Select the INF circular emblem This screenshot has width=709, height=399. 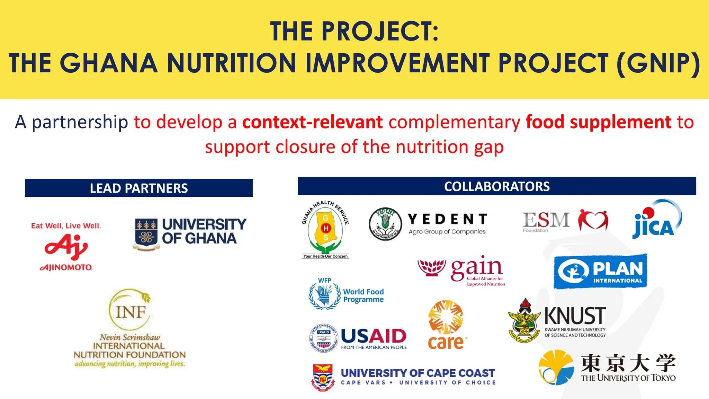pos(130,309)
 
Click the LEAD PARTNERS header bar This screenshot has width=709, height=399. pos(138,188)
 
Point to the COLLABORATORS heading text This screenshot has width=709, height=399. pos(496,186)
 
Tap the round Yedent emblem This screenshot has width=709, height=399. pos(385,224)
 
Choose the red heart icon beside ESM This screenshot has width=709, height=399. pos(593,220)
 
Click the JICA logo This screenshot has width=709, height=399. pos(655,220)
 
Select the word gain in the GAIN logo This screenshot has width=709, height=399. pos(476,267)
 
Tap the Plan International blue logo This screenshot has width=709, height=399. pos(600,271)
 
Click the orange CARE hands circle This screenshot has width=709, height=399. pos(446,317)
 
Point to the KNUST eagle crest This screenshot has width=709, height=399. pos(524,321)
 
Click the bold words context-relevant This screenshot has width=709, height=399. pos(312,122)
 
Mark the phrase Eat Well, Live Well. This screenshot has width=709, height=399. pos(66,226)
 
